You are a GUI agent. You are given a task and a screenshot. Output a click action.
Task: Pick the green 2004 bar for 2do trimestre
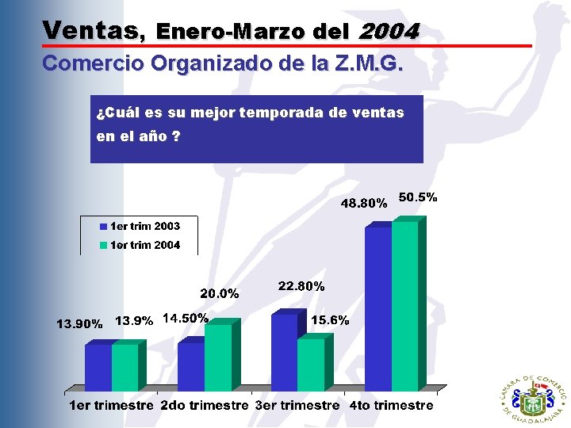point(218,357)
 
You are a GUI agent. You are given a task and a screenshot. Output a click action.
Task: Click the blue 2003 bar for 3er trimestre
point(284,353)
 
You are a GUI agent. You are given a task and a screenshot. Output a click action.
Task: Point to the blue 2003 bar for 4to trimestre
point(378,309)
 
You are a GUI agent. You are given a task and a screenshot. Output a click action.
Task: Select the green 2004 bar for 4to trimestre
point(404,306)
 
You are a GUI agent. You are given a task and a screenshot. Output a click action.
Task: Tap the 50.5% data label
point(418,197)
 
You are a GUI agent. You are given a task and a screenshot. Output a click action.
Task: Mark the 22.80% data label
point(301,286)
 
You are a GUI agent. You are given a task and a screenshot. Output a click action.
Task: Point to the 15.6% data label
point(330,320)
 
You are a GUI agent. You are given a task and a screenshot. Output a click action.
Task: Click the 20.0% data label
point(220,293)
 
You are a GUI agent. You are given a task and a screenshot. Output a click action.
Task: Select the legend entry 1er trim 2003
point(140,227)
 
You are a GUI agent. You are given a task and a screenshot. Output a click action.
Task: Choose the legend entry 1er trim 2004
point(140,246)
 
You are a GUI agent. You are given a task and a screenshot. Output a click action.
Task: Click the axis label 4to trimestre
point(392,406)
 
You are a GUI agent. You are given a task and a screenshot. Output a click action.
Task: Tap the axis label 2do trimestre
point(205,406)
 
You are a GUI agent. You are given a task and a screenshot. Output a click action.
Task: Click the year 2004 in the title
point(389,31)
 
